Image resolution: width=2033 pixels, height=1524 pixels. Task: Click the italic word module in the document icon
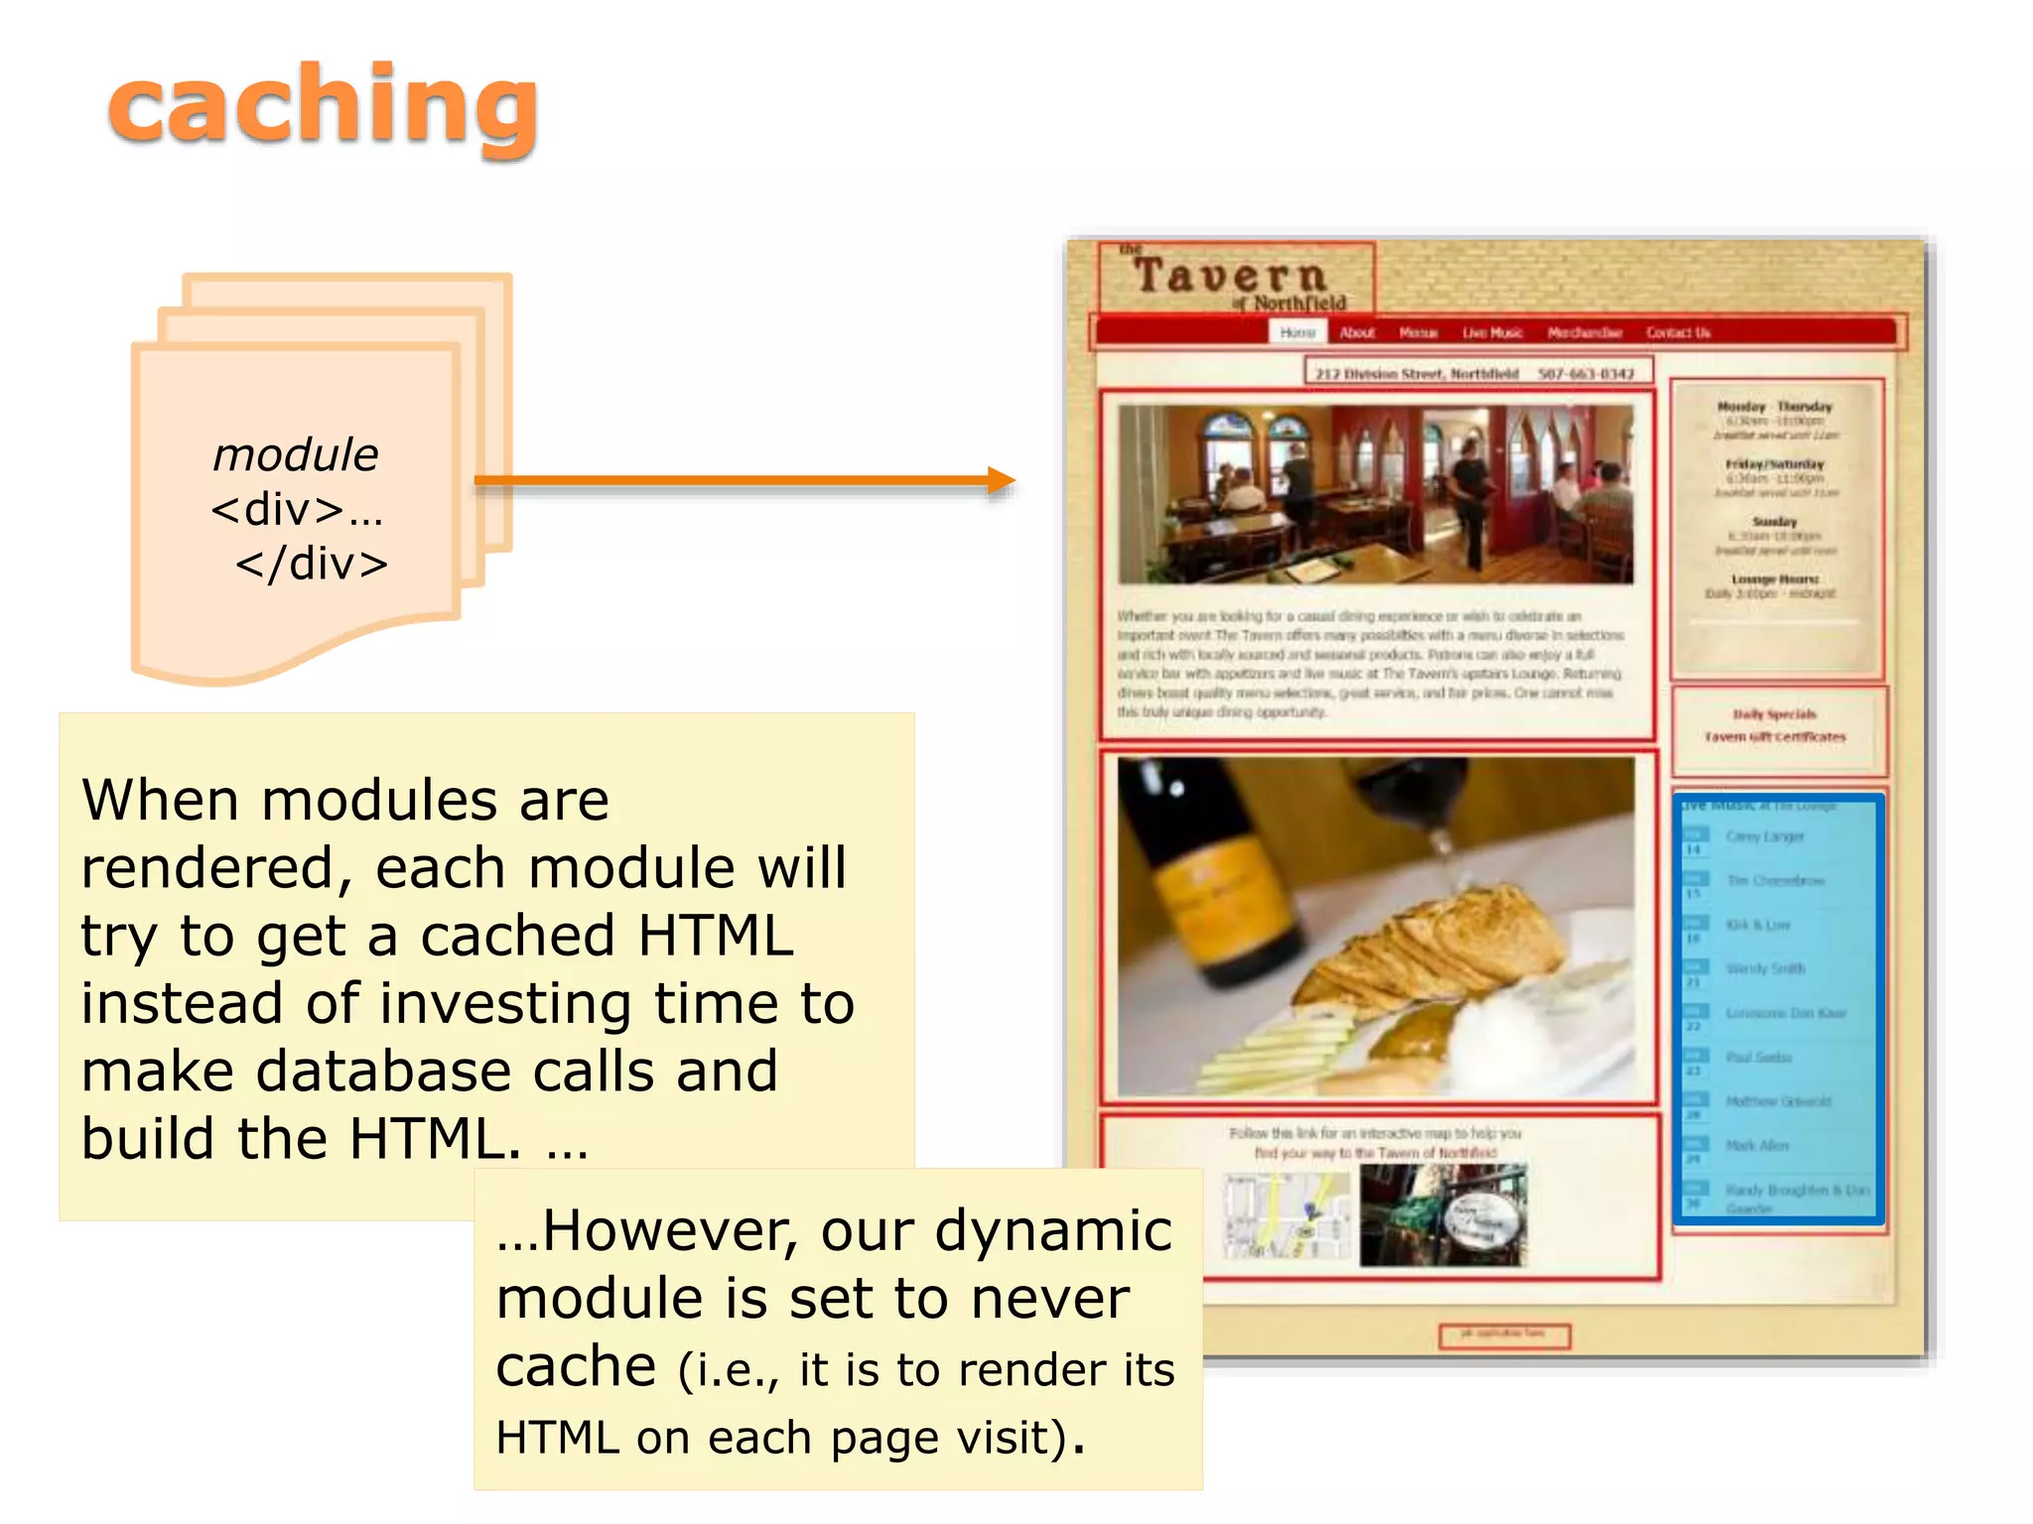point(295,455)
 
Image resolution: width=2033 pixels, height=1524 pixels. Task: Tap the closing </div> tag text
point(311,565)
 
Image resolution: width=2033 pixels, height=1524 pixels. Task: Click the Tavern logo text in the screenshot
point(1231,277)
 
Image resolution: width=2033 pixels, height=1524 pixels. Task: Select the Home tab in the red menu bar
point(1296,332)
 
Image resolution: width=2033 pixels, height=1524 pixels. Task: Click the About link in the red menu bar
point(1357,332)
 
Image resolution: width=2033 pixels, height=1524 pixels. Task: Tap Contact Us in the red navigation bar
point(1678,332)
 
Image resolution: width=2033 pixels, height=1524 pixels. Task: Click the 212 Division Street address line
point(1417,374)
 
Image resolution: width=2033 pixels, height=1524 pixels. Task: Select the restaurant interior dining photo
point(1375,493)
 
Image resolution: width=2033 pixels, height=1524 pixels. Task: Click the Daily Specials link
point(1775,714)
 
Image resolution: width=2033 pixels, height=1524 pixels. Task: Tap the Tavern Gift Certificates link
point(1775,737)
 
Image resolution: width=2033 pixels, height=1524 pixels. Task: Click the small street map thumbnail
point(1287,1215)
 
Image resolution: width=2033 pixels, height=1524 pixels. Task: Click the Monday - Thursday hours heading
point(1775,407)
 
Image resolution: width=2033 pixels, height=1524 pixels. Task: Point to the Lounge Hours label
point(1775,578)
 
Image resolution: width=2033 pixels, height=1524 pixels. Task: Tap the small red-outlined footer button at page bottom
point(1504,1335)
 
